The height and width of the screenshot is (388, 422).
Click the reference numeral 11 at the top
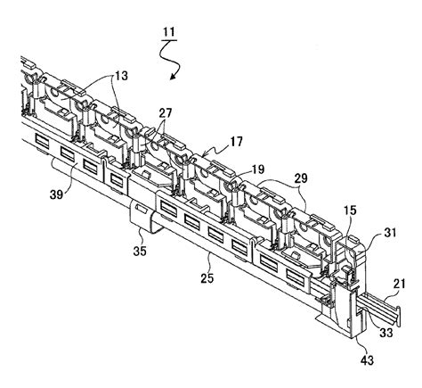click(169, 32)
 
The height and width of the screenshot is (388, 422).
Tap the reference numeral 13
click(122, 76)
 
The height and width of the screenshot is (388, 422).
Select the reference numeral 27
click(165, 113)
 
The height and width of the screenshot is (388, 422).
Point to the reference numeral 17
click(236, 141)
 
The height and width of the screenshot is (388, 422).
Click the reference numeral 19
click(257, 169)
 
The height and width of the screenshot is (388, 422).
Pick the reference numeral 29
click(301, 178)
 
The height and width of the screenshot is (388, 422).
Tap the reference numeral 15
click(350, 211)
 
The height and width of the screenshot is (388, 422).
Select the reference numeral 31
click(390, 232)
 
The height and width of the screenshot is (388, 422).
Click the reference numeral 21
click(399, 284)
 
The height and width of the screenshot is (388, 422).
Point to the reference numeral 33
click(386, 332)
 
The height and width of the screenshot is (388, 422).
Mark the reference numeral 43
click(367, 360)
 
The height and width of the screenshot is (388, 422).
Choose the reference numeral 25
click(207, 278)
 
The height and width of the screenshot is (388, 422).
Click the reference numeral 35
click(140, 251)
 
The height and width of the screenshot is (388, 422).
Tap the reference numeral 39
click(56, 194)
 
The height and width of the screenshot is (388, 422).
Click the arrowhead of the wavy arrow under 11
click(174, 77)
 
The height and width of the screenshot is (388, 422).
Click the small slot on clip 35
click(141, 208)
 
